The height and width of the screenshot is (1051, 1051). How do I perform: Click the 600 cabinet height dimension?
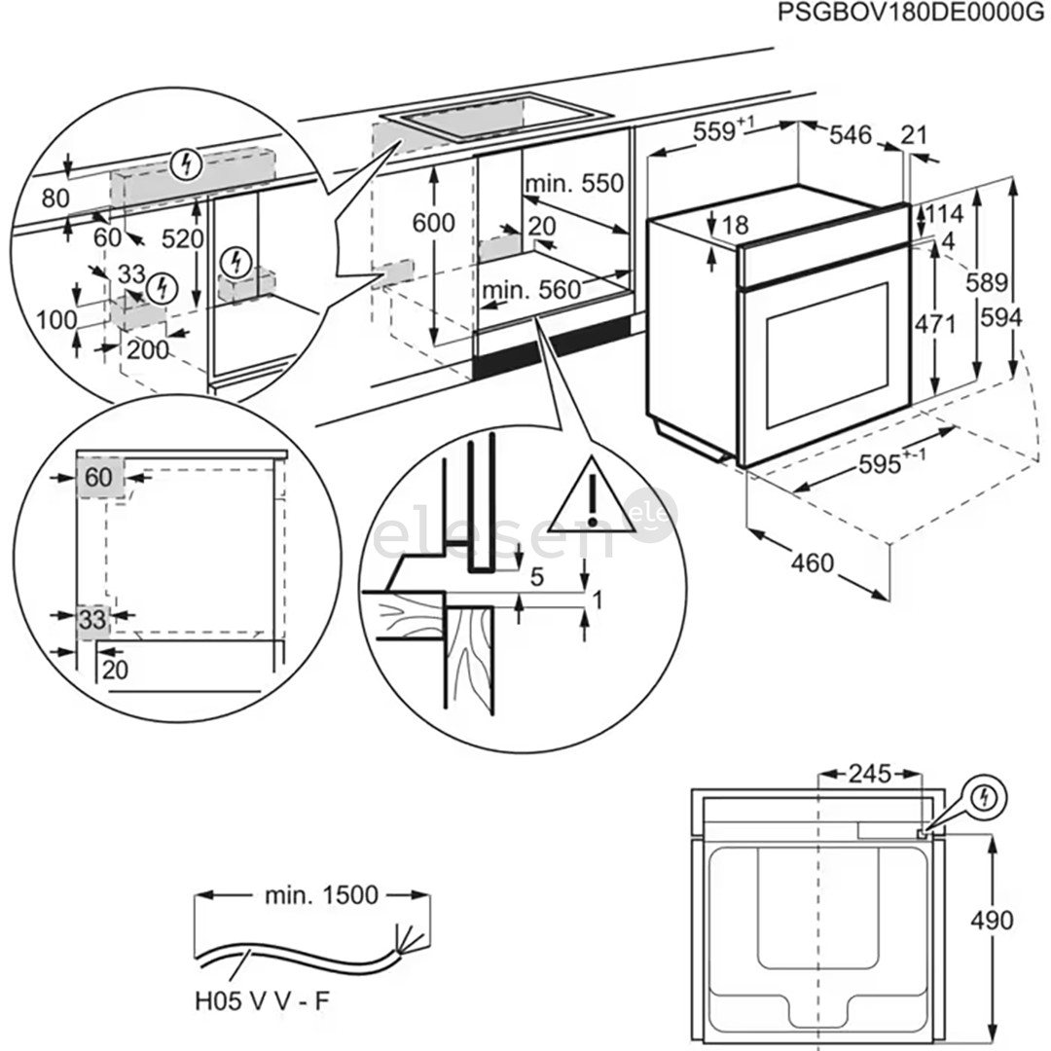(433, 223)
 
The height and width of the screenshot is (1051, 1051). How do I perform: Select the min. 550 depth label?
(573, 183)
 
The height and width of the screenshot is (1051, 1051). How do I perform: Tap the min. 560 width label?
(530, 289)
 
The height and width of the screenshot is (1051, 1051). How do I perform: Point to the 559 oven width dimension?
(719, 132)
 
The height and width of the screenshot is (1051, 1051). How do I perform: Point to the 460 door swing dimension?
(814, 562)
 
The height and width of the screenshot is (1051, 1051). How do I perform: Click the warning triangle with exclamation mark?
(591, 496)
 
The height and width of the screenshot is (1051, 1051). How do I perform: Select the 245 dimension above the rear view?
(868, 774)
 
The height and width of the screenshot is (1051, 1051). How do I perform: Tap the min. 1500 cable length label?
(321, 894)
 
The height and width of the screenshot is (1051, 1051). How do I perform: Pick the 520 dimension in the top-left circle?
(183, 239)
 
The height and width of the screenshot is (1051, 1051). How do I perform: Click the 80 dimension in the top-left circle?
(56, 199)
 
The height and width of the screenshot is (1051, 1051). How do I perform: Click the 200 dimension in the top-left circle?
(148, 351)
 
